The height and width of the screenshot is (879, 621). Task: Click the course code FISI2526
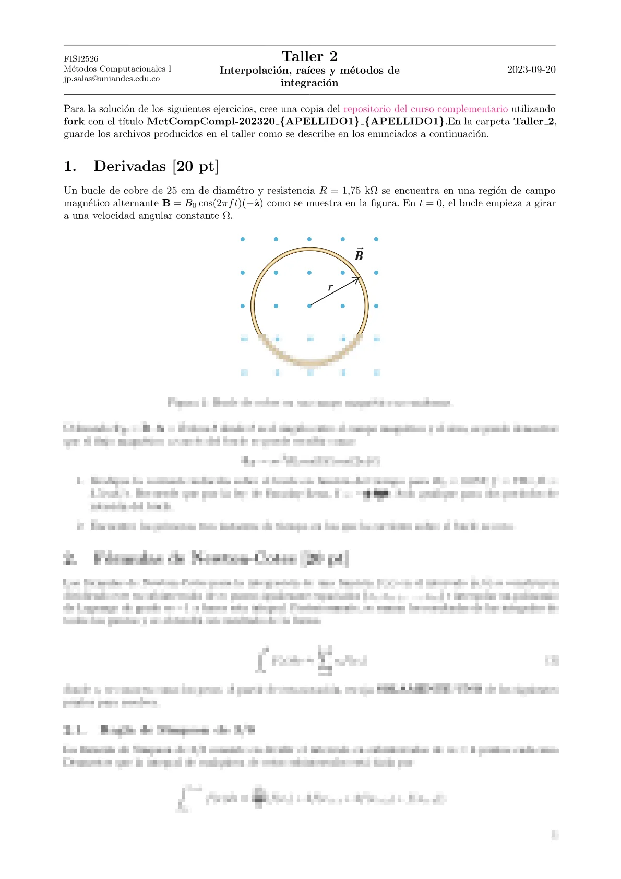click(81, 59)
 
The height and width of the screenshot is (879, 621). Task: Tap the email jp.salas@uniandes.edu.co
click(112, 79)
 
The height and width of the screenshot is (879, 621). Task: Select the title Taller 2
click(309, 56)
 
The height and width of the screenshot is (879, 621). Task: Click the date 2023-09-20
click(531, 69)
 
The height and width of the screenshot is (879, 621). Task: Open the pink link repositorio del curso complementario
click(425, 109)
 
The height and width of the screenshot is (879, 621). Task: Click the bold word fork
click(74, 121)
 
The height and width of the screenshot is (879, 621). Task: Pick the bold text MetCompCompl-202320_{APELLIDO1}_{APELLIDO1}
click(296, 121)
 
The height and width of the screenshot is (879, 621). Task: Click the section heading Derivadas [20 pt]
click(156, 166)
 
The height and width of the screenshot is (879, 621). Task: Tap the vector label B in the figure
click(359, 255)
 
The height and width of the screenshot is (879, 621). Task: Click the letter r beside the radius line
click(330, 287)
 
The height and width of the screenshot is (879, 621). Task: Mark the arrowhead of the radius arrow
click(357, 280)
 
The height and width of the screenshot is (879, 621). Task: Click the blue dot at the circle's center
click(309, 306)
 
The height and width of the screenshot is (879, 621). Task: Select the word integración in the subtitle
click(309, 83)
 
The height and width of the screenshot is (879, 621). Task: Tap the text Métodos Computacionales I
click(117, 69)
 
